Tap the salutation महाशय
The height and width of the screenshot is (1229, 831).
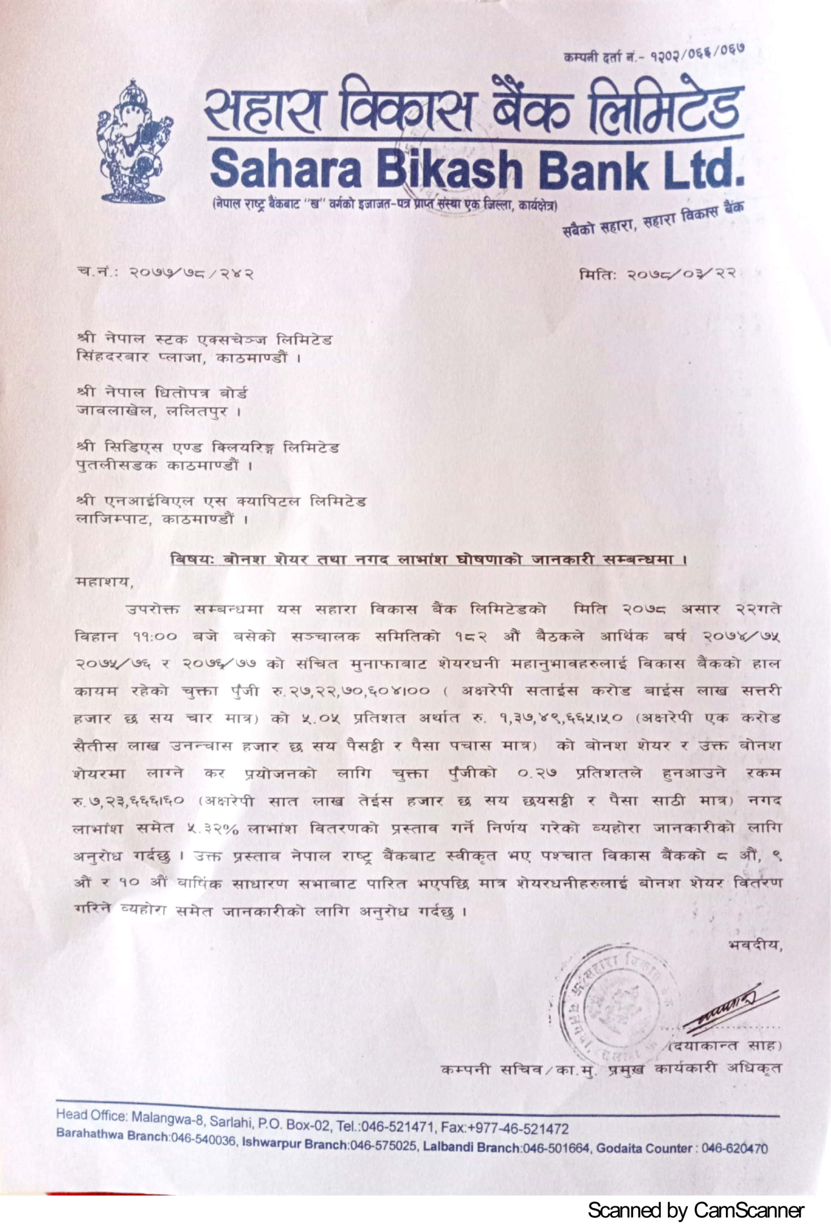(102, 582)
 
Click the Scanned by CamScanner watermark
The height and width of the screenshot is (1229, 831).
(696, 1210)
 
